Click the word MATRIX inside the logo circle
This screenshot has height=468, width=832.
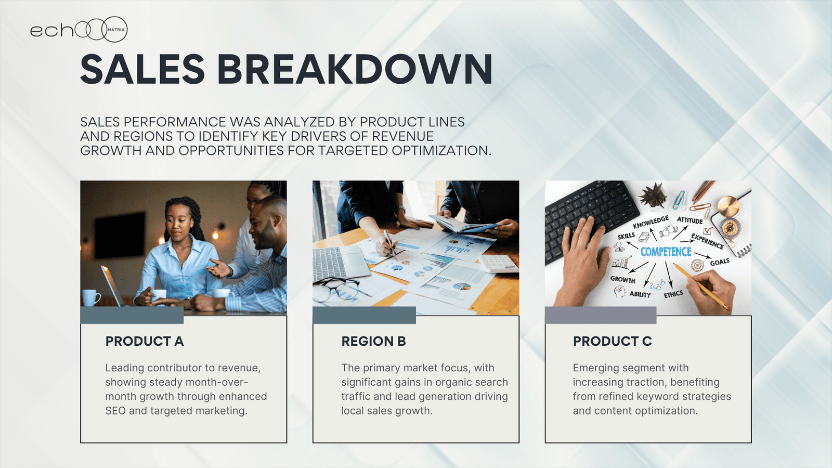pyautogui.click(x=116, y=30)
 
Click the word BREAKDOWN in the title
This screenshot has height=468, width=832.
pyautogui.click(x=355, y=70)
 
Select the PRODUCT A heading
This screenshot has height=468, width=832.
pyautogui.click(x=145, y=341)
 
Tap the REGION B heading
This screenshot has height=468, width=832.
pyautogui.click(x=374, y=341)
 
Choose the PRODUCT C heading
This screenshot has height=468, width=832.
pyautogui.click(x=612, y=341)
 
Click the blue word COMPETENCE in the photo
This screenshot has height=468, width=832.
pyautogui.click(x=666, y=252)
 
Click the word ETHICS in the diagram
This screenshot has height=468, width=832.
pyautogui.click(x=673, y=294)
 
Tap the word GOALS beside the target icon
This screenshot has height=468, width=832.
pyautogui.click(x=720, y=262)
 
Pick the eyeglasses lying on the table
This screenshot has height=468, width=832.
pyautogui.click(x=336, y=289)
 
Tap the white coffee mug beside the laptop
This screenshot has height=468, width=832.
pyautogui.click(x=90, y=297)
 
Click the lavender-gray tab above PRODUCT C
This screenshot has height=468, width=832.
pyautogui.click(x=601, y=315)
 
